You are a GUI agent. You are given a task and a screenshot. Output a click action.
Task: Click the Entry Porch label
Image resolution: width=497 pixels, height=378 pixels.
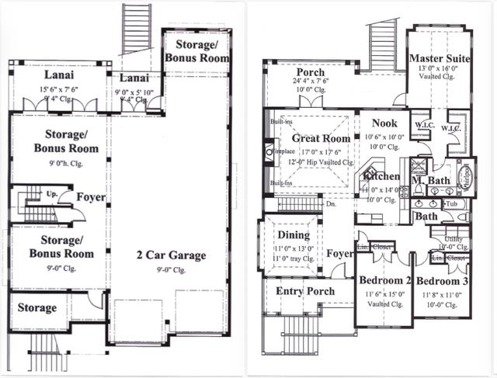click(x=305, y=291)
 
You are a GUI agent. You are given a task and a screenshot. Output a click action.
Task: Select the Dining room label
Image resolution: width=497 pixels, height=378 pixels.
click(x=294, y=235)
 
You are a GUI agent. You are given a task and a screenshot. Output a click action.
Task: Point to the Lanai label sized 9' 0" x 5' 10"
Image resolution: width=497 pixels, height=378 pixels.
click(x=136, y=78)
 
